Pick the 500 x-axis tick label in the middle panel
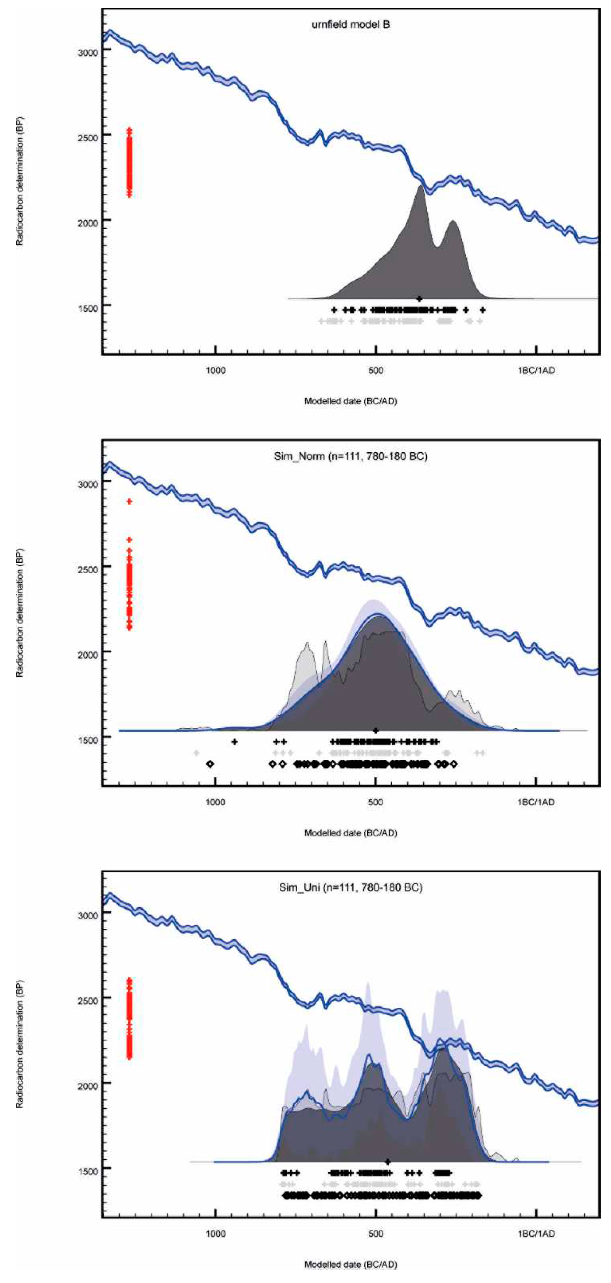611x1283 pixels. coord(376,802)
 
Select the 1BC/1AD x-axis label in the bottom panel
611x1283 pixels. coord(536,1233)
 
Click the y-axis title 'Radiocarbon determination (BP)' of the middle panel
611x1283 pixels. coord(20,613)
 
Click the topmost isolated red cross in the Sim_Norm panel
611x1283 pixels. coord(130,501)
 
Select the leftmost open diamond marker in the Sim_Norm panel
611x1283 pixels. coord(210,764)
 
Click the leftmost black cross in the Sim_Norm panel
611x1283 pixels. coord(235,742)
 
